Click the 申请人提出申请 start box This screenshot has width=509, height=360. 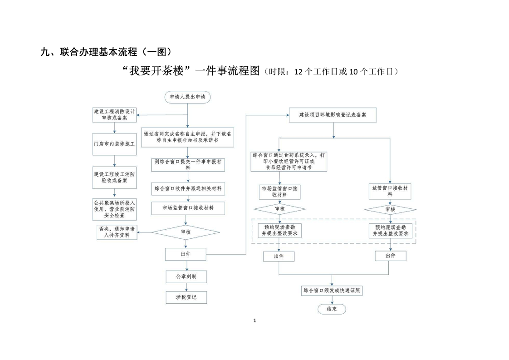(187, 97)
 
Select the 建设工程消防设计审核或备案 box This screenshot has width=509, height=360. (115, 114)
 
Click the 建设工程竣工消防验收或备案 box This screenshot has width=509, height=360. (114, 178)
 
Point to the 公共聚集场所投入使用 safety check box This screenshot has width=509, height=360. (114, 209)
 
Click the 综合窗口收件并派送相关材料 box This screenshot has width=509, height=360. (188, 187)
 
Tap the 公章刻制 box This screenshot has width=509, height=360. (186, 276)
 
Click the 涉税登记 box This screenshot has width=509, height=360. (186, 297)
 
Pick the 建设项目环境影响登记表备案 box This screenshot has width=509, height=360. (333, 115)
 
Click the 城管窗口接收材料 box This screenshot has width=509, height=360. (390, 191)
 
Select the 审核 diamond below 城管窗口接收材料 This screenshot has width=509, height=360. (390, 209)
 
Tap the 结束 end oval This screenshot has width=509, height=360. (332, 309)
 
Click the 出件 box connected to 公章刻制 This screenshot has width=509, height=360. (186, 254)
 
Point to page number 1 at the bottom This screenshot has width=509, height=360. (254, 321)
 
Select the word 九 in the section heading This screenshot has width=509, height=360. (44, 53)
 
